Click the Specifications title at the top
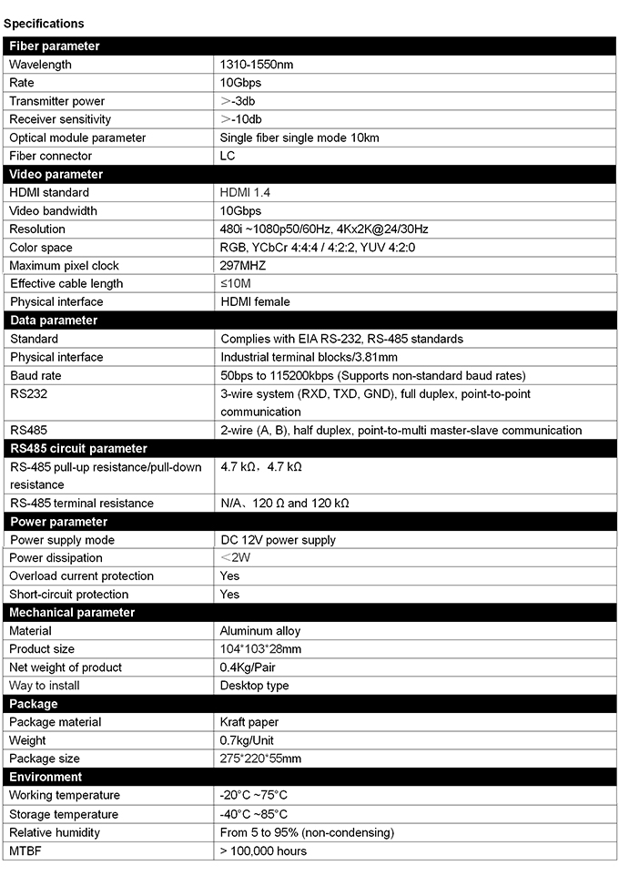(44, 24)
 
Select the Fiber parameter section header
(55, 46)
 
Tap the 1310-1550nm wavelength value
(257, 65)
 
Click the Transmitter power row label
(57, 101)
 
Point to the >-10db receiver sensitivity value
(241, 119)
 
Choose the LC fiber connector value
(228, 156)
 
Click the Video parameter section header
(56, 174)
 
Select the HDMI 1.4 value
(245, 192)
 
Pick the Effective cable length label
(66, 283)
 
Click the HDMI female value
(256, 301)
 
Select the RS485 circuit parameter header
(78, 448)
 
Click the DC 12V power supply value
(279, 540)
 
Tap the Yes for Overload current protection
(230, 576)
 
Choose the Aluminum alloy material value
(260, 630)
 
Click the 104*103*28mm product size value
(260, 648)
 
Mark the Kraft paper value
(250, 722)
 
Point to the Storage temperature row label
(64, 814)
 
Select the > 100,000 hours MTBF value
(263, 851)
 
